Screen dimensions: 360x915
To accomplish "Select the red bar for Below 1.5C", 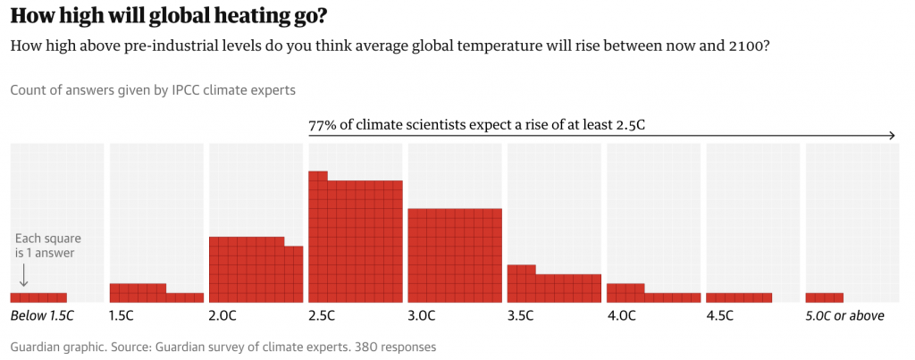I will (38, 297).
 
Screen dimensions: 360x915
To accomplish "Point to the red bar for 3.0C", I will (454, 255).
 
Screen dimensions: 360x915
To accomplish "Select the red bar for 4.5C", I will (739, 297).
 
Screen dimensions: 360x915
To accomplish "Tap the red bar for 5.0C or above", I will (824, 297).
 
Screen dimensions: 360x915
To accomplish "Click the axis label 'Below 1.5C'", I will (41, 316).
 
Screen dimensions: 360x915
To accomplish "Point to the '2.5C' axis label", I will (322, 316).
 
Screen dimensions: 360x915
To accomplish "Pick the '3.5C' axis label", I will (521, 316).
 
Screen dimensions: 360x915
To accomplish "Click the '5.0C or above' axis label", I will (844, 316).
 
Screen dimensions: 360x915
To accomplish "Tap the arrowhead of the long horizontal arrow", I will (892, 136).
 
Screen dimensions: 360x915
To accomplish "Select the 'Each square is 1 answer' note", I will (45, 246).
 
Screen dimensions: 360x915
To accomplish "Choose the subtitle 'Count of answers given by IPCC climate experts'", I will (153, 90).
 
